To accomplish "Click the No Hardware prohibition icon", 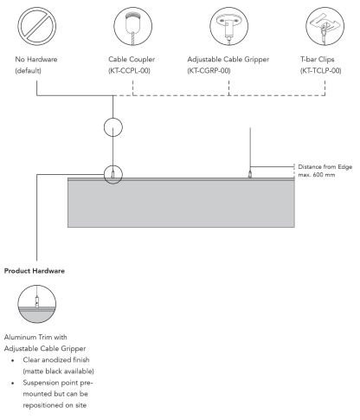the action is [x=36, y=26].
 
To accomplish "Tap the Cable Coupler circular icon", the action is [x=132, y=26].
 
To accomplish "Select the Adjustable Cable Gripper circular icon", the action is [x=228, y=26].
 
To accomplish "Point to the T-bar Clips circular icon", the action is [x=325, y=26].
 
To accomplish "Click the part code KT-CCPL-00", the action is [x=129, y=71].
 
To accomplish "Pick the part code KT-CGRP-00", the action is [x=209, y=71].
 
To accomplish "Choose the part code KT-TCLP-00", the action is [x=321, y=71].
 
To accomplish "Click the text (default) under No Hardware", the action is [x=29, y=71].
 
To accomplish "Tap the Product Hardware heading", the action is [x=35, y=271].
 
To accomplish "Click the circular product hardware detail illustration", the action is [x=36, y=304].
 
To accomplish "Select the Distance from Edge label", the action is [x=325, y=167].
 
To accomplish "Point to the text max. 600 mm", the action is [x=317, y=175].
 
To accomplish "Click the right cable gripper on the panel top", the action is [x=250, y=174].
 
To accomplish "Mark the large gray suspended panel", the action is [x=181, y=203].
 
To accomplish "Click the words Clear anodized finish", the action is [x=56, y=360].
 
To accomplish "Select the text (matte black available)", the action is [x=59, y=372].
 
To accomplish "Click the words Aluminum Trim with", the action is [x=35, y=337].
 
